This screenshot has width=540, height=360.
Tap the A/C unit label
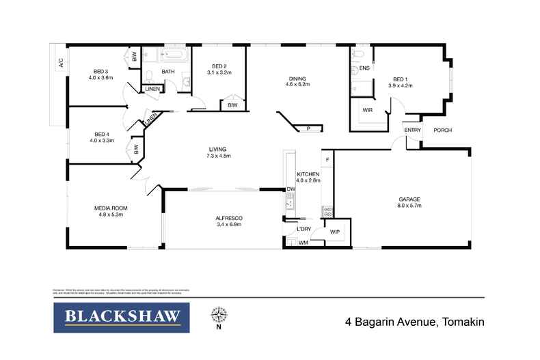coord(60,64)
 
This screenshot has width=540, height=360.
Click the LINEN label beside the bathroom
coord(152,89)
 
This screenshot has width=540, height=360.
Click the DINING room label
coord(297,78)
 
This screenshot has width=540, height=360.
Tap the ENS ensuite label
coord(364,68)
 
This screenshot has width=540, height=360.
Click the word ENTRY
coord(412,130)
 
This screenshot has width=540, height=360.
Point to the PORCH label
coord(443,130)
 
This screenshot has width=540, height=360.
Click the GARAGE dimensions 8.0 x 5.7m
coord(409,206)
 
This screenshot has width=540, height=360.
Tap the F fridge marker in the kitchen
coord(327,160)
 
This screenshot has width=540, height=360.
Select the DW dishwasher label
coord(291,189)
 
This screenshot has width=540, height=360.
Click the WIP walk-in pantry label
coord(335,232)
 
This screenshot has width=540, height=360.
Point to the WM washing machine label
coord(303,243)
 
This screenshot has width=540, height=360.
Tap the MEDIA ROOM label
coord(111,208)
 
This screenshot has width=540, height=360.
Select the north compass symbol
coord(219,316)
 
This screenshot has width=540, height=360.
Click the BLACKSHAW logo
coord(122,318)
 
